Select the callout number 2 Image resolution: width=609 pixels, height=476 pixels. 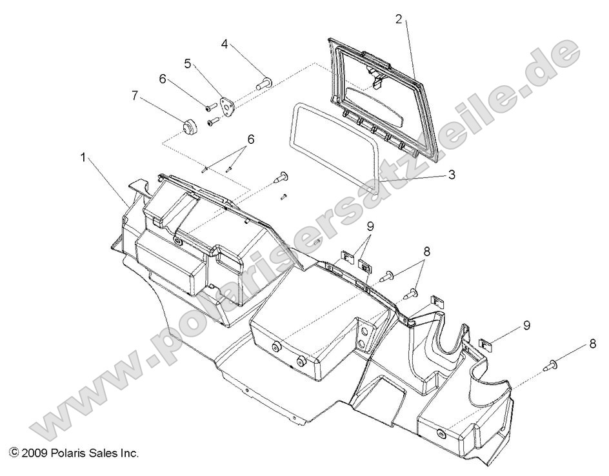pyautogui.click(x=399, y=19)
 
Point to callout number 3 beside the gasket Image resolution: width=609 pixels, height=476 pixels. pyautogui.click(x=452, y=175)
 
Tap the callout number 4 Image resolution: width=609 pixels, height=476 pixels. pyautogui.click(x=224, y=44)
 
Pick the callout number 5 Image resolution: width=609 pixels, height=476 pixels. pyautogui.click(x=188, y=63)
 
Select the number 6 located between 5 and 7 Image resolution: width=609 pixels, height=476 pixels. pyautogui.click(x=163, y=79)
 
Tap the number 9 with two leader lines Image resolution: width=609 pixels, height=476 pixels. pyautogui.click(x=370, y=226)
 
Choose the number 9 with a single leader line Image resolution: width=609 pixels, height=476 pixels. pyautogui.click(x=526, y=325)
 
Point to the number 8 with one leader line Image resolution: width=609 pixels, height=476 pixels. pyautogui.click(x=592, y=344)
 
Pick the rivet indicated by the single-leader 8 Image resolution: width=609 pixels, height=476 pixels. pyautogui.click(x=554, y=366)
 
